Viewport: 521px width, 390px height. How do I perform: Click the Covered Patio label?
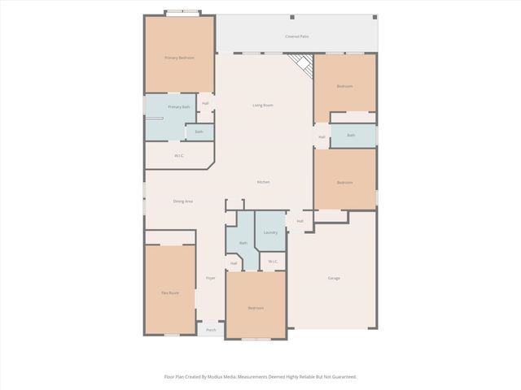pyautogui.click(x=296, y=37)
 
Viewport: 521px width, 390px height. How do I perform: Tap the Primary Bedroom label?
pyautogui.click(x=179, y=58)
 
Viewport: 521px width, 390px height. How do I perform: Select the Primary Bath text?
pyautogui.click(x=179, y=107)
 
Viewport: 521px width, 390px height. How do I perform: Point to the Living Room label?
pyautogui.click(x=262, y=106)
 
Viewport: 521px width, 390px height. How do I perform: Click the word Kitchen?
pyautogui.click(x=264, y=182)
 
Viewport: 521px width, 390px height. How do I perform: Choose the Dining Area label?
pyautogui.click(x=182, y=201)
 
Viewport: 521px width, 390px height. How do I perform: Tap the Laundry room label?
pyautogui.click(x=270, y=232)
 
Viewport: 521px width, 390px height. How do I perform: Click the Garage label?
pyautogui.click(x=334, y=279)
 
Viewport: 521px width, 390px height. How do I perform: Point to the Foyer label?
pyautogui.click(x=210, y=279)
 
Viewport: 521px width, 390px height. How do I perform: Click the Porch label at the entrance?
pyautogui.click(x=211, y=330)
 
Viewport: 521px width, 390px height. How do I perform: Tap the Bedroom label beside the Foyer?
pyautogui.click(x=256, y=308)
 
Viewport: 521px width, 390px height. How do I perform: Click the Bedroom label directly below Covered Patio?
pyautogui.click(x=345, y=86)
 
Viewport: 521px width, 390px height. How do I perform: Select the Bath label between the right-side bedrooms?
pyautogui.click(x=351, y=136)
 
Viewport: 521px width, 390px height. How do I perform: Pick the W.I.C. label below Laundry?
pyautogui.click(x=273, y=262)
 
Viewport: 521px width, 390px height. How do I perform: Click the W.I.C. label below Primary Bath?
pyautogui.click(x=179, y=155)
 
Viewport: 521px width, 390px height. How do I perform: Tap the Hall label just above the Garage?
pyautogui.click(x=300, y=221)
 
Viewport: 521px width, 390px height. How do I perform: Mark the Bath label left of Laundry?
pyautogui.click(x=243, y=243)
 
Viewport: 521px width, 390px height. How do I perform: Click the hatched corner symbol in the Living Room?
pyautogui.click(x=302, y=65)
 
